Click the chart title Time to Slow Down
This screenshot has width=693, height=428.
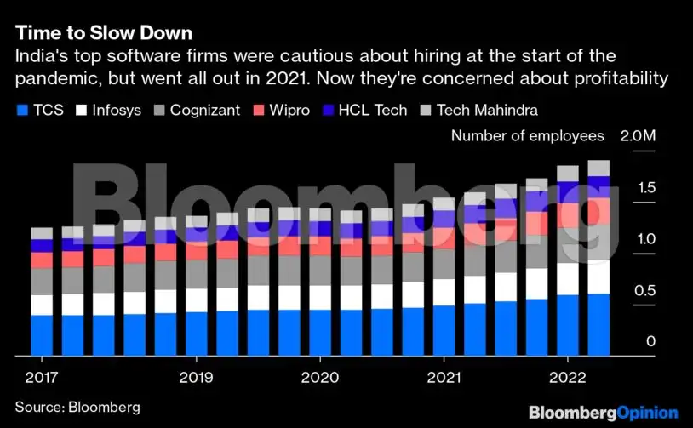point(103,34)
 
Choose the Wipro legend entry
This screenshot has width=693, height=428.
point(283,111)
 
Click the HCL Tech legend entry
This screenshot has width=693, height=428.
point(364,111)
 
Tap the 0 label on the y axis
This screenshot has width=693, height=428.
point(651,342)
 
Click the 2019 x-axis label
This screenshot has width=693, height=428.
point(197,377)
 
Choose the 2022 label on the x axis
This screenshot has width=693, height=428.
point(568,377)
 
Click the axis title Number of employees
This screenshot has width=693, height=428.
point(527,136)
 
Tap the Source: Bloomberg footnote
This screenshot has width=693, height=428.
point(77,407)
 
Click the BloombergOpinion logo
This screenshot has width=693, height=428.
point(603,413)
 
